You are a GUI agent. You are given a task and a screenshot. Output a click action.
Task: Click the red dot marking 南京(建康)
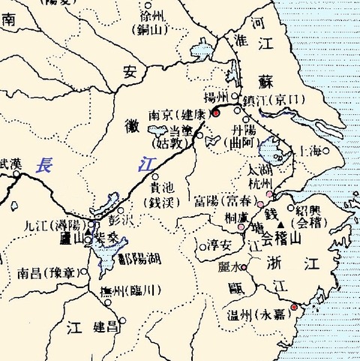tap(214, 113)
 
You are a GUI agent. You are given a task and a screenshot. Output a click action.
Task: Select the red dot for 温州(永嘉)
tap(294, 307)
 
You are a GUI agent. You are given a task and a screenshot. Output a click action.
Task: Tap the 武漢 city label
tap(11, 162)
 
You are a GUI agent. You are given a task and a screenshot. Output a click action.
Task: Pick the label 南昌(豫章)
tap(48, 272)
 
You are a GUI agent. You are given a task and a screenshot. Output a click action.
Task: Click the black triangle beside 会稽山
tap(280, 224)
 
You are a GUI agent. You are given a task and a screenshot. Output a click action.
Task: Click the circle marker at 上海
tap(326, 150)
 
